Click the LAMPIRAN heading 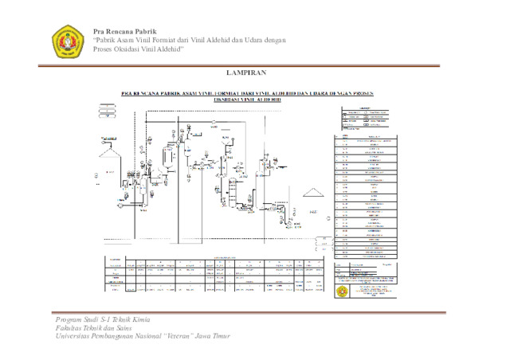tap(255, 73)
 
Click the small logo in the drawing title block tap(343, 292)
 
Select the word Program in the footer tap(68, 319)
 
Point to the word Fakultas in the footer tap(69, 327)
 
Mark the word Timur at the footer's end tap(220, 336)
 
